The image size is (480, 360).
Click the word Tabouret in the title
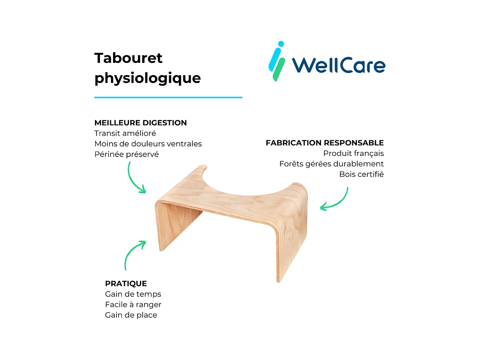tap(128, 58)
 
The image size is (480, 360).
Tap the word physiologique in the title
tap(147, 78)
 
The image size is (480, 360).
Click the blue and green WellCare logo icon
tap(277, 61)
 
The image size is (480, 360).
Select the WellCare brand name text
tap(338, 65)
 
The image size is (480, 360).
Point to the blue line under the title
tap(168, 97)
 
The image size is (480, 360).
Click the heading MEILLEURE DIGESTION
tap(140, 123)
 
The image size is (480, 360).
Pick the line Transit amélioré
tap(125, 133)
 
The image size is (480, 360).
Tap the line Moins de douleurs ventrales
tap(148, 144)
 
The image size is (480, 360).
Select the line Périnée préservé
tap(127, 154)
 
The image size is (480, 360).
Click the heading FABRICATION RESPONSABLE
tap(324, 143)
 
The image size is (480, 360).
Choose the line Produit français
tap(353, 154)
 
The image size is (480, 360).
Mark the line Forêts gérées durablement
tap(331, 164)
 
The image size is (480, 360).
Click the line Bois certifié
tap(361, 174)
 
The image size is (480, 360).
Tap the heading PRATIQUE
tap(126, 284)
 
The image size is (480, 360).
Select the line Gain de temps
tap(133, 294)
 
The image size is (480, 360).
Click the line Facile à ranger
tap(133, 305)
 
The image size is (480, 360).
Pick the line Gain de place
tap(131, 315)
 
